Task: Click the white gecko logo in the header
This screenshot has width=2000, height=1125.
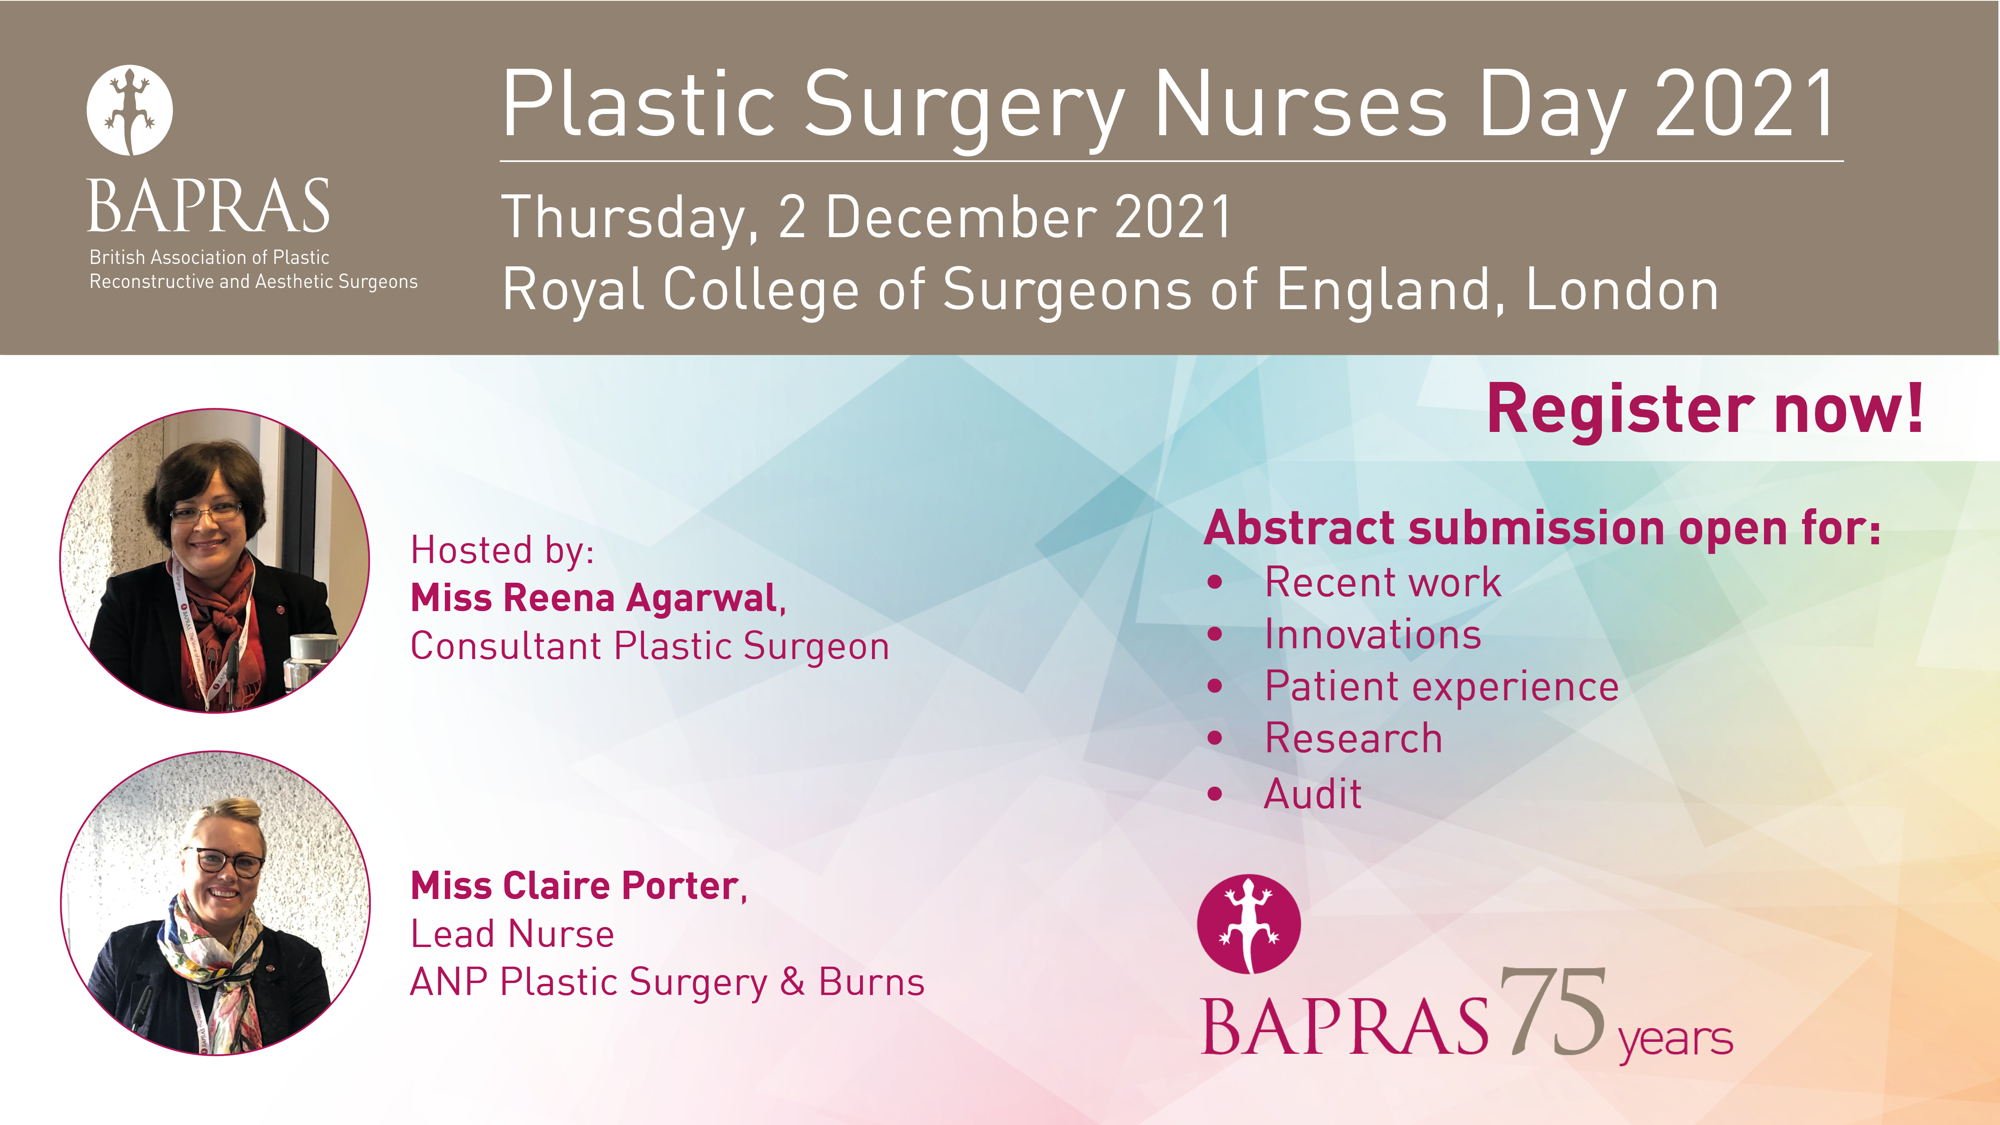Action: click(130, 110)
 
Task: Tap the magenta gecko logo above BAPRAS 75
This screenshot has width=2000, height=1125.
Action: click(1248, 924)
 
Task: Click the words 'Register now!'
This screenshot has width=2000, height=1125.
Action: click(1705, 410)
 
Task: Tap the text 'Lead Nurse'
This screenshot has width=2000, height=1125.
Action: click(512, 934)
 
